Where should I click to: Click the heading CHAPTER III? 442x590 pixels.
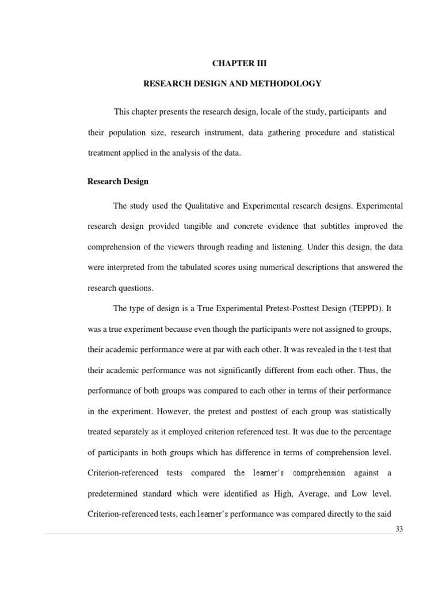click(x=232, y=64)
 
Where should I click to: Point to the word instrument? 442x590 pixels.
click(x=225, y=133)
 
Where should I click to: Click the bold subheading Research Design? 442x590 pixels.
click(x=118, y=181)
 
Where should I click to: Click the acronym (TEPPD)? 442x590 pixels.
click(x=364, y=308)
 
